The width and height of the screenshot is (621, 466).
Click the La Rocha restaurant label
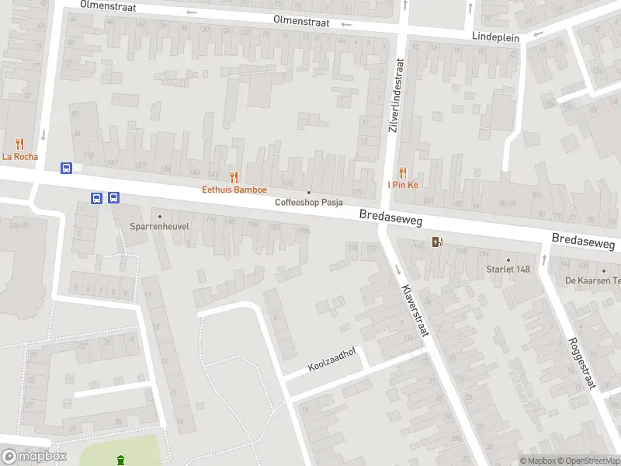[x=19, y=156]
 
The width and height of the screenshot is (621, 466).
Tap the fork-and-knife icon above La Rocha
[x=19, y=144]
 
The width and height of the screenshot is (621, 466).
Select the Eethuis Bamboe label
[x=234, y=190]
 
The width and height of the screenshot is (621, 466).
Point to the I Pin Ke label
[x=403, y=185]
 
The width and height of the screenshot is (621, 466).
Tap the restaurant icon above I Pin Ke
[x=403, y=172]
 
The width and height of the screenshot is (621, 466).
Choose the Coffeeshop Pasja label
[x=309, y=203]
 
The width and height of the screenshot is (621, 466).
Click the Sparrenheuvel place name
[x=160, y=227]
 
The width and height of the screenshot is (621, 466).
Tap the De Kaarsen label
[x=592, y=280]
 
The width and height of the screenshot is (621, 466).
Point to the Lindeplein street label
[x=496, y=36]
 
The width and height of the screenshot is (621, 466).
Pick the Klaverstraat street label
[x=415, y=314]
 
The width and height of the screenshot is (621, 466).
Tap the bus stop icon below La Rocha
[x=67, y=168]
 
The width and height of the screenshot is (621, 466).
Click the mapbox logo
[x=33, y=457]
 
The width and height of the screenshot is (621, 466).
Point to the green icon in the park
[x=120, y=461]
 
